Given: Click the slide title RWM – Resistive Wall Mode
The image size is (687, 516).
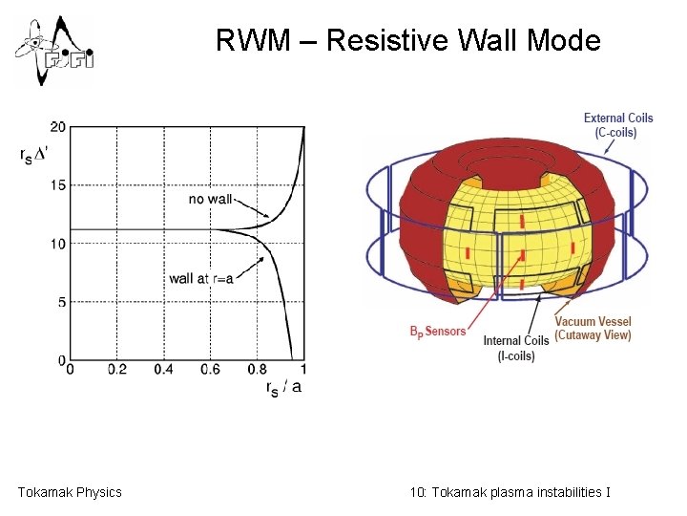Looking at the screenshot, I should coord(407,41).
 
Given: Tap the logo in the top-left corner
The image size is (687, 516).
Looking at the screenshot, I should coord(54,50).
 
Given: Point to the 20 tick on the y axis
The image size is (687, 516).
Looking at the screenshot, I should coord(58,127).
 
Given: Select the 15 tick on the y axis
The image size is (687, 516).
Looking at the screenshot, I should coord(58,185).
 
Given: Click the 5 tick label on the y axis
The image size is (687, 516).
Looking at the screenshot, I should coord(61,303).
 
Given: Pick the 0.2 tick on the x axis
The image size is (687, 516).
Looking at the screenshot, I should coord(117,369).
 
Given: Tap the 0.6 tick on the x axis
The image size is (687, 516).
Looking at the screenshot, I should coord(210,369).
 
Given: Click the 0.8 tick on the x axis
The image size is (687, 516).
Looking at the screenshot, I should coord(257,369).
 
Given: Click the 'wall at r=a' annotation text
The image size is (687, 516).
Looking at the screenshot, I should coord(200,279).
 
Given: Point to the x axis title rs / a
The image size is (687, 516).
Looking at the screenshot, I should coord(283,387).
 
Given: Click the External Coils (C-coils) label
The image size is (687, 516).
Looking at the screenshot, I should coord(618,125).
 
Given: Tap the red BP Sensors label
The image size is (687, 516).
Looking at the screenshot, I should coord(438,332).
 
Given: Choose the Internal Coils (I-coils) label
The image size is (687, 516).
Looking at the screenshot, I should coord(515,348).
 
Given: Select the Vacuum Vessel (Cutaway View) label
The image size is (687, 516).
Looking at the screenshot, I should coord(593,328).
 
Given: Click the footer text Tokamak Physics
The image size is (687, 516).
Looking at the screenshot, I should coord(70,492).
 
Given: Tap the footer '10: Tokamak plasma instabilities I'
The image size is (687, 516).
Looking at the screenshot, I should coord(510,492).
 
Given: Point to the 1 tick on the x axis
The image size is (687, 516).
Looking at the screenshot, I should coord(303,369).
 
